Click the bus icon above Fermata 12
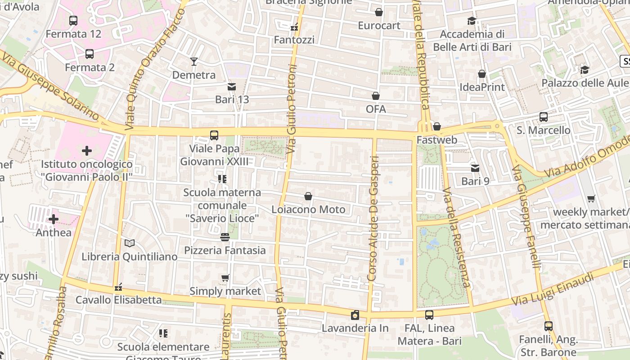[73, 20]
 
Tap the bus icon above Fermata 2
[90, 54]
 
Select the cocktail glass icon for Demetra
[194, 61]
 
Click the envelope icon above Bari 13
[232, 86]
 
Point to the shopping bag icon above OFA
[376, 96]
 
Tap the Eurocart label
[379, 26]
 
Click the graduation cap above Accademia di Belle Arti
[472, 21]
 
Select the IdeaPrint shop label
[482, 87]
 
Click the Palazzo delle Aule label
[585, 83]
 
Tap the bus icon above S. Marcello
[543, 117]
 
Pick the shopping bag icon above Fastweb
[436, 126]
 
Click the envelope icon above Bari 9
[475, 168]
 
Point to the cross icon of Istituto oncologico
[86, 151]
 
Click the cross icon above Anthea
[54, 219]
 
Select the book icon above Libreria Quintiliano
[130, 243]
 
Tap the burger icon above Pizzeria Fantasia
[225, 237]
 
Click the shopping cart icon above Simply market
[225, 278]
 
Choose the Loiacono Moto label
[308, 210]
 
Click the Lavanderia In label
[355, 328]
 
